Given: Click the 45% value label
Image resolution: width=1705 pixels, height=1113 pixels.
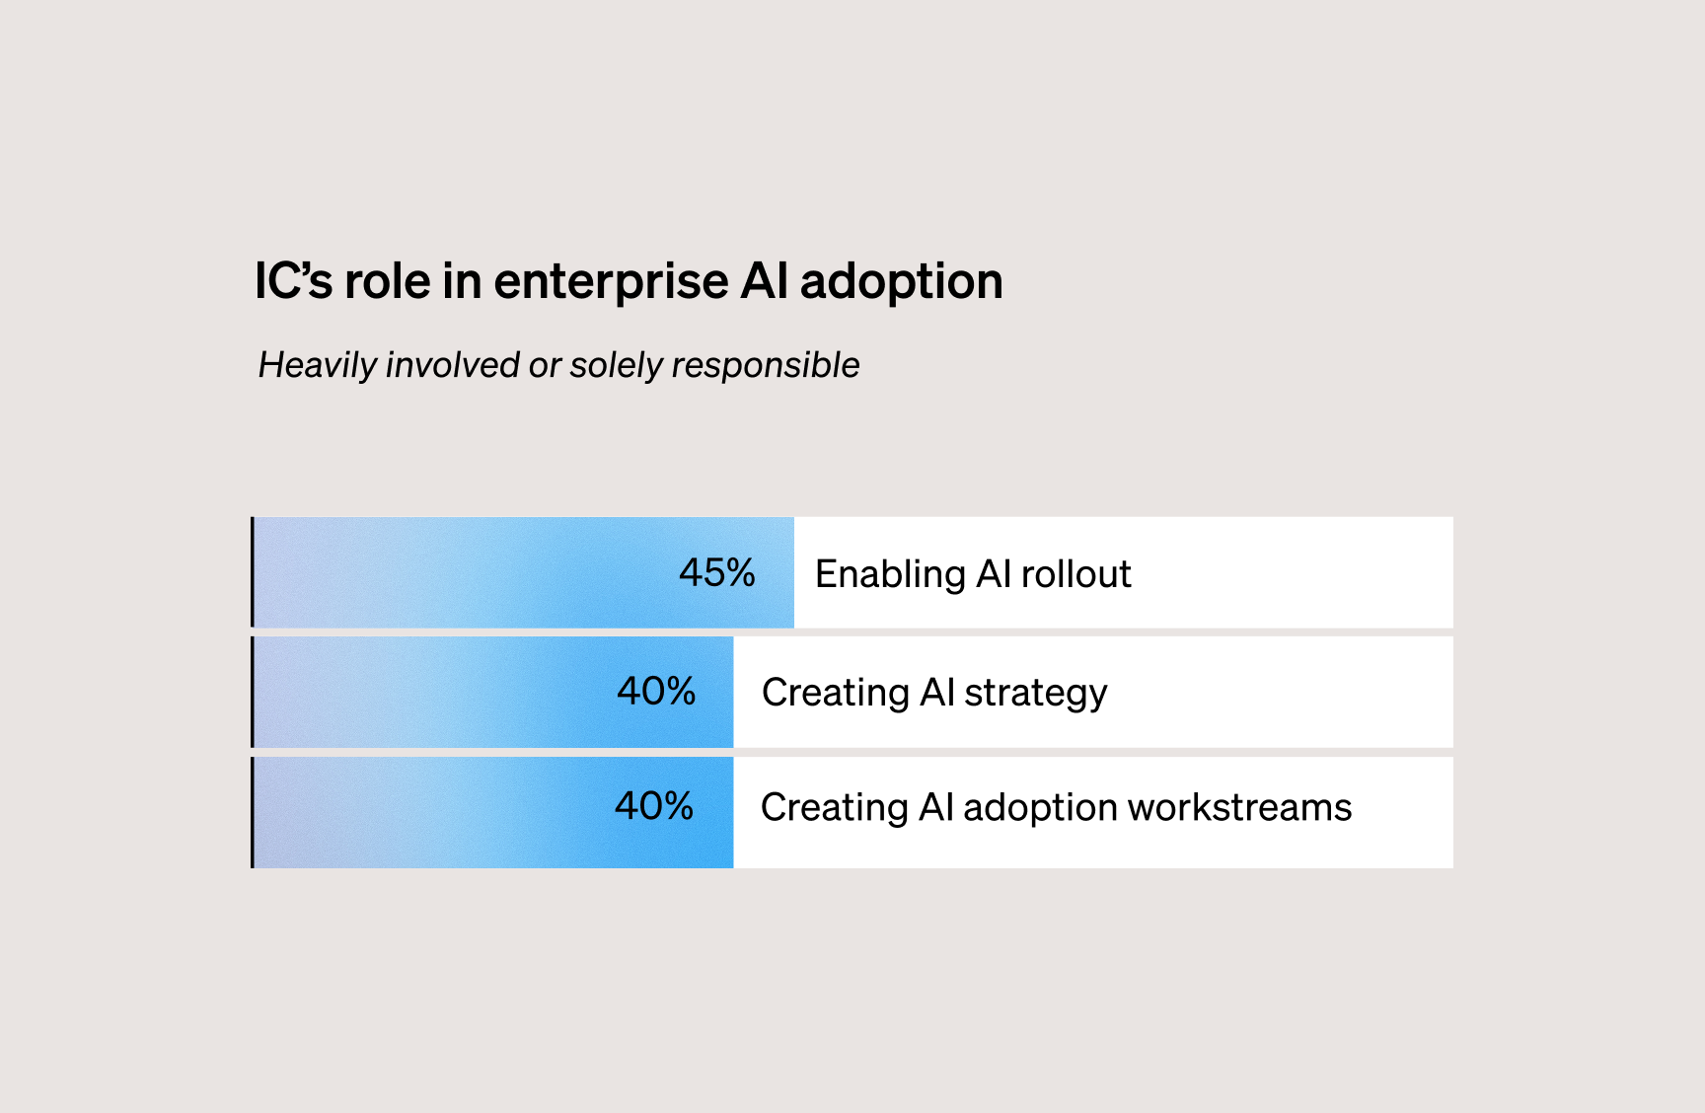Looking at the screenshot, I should [x=716, y=573].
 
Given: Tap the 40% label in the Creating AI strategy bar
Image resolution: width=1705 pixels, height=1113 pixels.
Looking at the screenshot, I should [x=656, y=692].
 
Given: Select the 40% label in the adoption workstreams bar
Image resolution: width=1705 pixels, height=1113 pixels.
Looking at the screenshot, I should [x=654, y=807].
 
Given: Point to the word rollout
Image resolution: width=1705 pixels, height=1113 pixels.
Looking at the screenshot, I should [x=1075, y=574].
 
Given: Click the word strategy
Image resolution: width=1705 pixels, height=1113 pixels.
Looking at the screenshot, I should [x=1035, y=694].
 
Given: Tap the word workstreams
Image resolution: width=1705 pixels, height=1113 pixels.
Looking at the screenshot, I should [x=1239, y=808].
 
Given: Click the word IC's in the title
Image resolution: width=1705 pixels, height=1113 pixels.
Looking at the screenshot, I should [x=293, y=281].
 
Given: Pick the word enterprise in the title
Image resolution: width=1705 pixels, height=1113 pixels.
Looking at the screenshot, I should [x=611, y=283].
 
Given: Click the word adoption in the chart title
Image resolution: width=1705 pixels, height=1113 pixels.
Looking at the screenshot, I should [x=901, y=283].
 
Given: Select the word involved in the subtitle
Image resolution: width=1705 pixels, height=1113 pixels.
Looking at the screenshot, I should [x=452, y=365].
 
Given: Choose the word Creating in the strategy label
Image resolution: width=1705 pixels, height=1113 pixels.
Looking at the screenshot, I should [x=835, y=694].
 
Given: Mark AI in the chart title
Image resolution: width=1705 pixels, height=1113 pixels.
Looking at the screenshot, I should [x=764, y=281].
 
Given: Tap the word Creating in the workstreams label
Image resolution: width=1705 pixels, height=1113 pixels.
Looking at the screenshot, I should [x=834, y=809].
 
